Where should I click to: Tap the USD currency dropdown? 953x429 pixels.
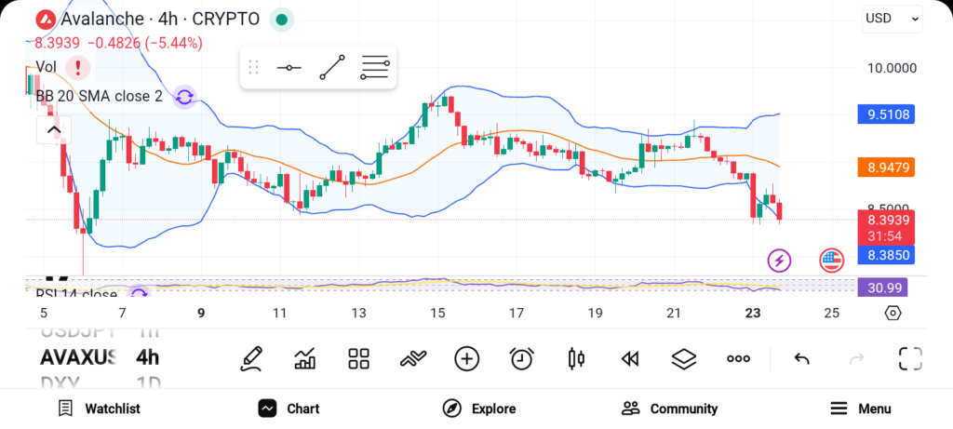coord(892,18)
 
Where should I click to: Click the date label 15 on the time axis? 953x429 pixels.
coord(437,314)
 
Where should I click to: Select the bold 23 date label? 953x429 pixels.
coord(754,314)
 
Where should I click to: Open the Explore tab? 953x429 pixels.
coord(479,409)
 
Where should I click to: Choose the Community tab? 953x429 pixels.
coord(670,409)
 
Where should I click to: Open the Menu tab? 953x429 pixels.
coord(861,409)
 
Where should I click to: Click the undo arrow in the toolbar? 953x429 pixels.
coord(801,359)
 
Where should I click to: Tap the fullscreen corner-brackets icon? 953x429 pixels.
coord(910,359)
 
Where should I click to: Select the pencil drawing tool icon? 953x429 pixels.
coord(250,359)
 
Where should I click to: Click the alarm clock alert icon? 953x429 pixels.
coord(522,359)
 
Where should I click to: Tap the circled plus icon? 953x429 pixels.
coord(466,359)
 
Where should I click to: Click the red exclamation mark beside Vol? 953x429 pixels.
coord(78,67)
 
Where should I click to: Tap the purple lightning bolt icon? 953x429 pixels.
coord(779,260)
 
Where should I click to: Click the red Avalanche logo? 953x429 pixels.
coord(44,19)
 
